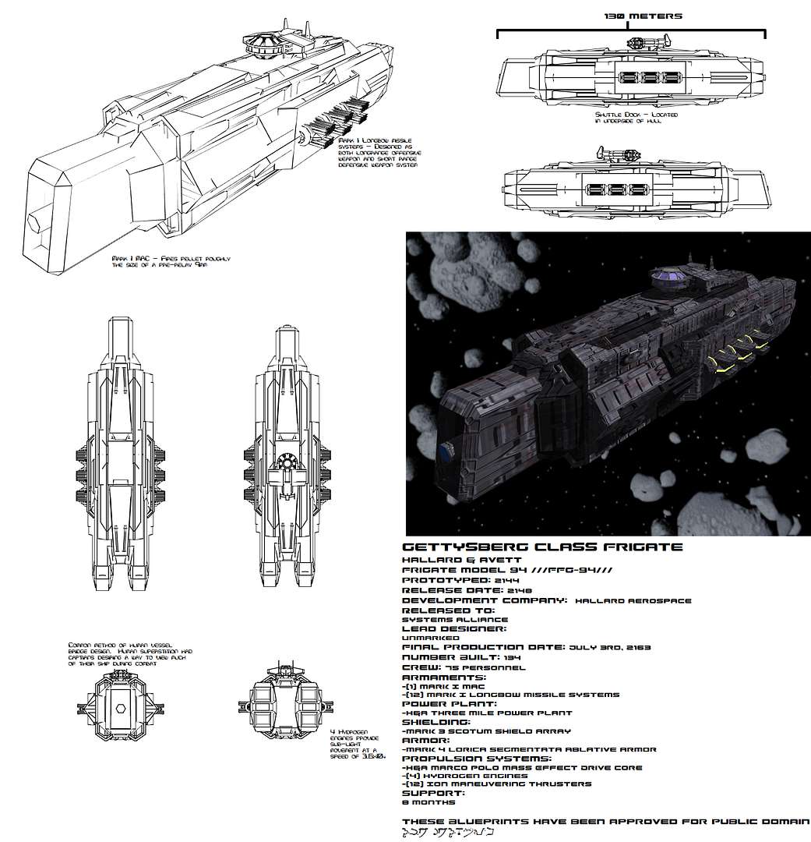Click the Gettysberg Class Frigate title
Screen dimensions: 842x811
(542, 547)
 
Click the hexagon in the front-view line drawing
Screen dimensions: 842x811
(120, 709)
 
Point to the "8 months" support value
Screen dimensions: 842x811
(428, 801)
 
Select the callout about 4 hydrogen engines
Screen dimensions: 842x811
(358, 745)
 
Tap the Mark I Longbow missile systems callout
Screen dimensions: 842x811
(379, 154)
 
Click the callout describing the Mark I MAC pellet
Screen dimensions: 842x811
(171, 261)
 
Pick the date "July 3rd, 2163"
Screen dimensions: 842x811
(610, 647)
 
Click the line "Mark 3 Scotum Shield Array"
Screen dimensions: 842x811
(488, 731)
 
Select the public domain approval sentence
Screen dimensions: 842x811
(606, 822)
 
